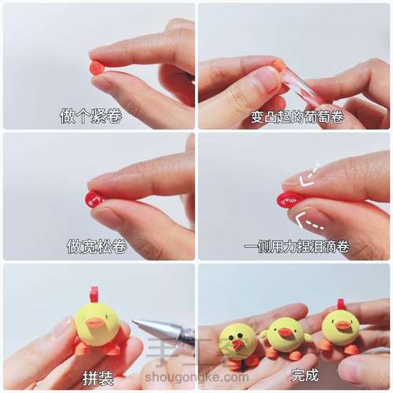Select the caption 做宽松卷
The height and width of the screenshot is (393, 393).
coord(97,246)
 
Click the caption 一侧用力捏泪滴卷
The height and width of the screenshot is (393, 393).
coord(296,246)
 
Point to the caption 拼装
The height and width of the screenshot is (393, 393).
coord(97,378)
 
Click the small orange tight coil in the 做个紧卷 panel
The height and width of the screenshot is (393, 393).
coord(97,68)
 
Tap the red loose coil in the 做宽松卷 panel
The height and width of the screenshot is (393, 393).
coord(94,199)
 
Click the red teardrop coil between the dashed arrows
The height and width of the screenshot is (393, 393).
coord(290,200)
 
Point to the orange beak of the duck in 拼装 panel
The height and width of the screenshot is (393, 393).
coord(95,322)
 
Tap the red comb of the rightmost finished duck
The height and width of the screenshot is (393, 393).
coord(340,304)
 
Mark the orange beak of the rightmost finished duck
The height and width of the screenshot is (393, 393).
coord(343,325)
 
